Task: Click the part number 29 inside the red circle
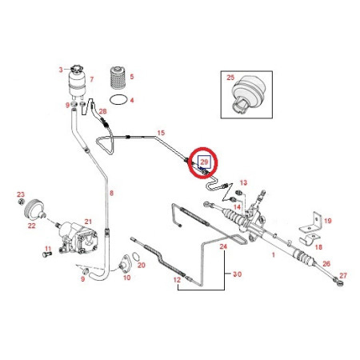204,162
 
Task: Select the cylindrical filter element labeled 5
118,78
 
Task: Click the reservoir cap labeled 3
76,68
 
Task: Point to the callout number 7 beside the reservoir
92,79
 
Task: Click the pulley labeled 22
34,210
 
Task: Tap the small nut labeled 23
21,202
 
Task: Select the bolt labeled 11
46,254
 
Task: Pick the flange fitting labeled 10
124,264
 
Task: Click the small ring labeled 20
136,256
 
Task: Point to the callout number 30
238,274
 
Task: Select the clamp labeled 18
310,238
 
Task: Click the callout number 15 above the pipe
161,133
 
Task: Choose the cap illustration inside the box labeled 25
247,94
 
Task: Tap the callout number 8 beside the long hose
111,193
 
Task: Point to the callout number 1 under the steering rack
273,255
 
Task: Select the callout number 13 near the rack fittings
243,182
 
